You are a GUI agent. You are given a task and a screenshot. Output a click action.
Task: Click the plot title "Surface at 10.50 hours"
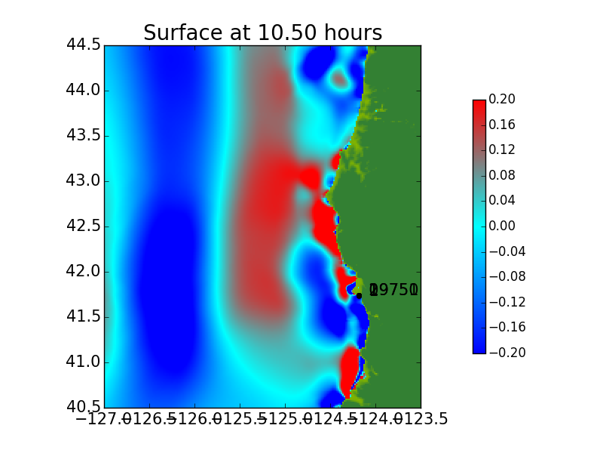pyautogui.click(x=262, y=33)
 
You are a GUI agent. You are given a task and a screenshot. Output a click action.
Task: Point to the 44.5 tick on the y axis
pyautogui.click(x=84, y=45)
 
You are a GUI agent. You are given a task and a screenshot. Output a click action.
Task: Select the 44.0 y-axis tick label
pyautogui.click(x=84, y=91)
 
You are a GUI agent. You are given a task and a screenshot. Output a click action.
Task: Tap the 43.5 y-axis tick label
pyautogui.click(x=84, y=136)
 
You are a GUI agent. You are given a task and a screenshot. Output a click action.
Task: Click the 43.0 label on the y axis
pyautogui.click(x=84, y=181)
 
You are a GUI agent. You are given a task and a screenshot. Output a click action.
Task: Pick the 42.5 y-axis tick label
pyautogui.click(x=84, y=226)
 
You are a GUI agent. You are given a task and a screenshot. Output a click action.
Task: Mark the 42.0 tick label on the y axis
pyautogui.click(x=84, y=272)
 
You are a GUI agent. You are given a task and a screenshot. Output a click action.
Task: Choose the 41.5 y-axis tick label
pyautogui.click(x=84, y=317)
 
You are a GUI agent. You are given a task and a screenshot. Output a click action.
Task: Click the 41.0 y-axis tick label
pyautogui.click(x=84, y=362)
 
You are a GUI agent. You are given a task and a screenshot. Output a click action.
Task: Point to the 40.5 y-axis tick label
pyautogui.click(x=84, y=408)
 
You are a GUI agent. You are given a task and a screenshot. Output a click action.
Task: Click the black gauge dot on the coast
pyautogui.click(x=359, y=296)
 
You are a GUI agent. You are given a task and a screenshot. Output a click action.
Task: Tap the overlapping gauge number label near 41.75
pyautogui.click(x=393, y=290)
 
